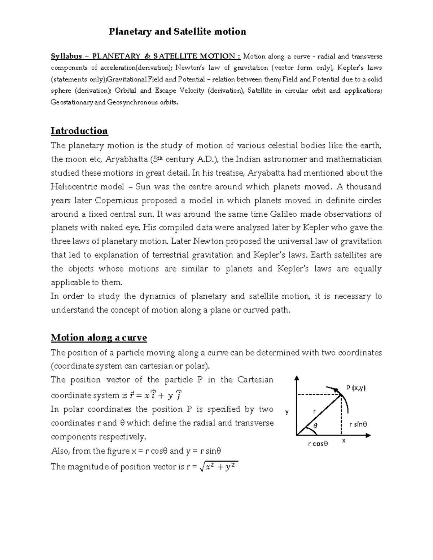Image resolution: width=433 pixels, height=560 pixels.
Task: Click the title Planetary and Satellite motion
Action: pos(178,32)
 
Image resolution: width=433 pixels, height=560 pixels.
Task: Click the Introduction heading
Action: pos(79,131)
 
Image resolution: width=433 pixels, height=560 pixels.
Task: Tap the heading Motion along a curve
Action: pos(99,338)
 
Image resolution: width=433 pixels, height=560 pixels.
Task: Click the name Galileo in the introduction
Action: pos(284,214)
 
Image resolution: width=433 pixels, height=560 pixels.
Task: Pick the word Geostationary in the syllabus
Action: pos(72,102)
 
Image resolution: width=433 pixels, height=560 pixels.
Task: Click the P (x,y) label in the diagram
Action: pos(356,388)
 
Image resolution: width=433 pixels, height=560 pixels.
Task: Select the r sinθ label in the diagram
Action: pos(358,424)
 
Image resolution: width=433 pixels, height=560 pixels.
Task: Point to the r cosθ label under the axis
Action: pos(318,444)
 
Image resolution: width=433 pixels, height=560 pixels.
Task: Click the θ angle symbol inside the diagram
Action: pos(315,426)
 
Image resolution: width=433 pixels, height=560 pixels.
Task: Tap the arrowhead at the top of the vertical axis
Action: pos(297,378)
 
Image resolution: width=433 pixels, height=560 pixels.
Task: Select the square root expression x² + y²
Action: pos(219,467)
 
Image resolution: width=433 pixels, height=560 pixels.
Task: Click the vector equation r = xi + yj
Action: pos(155,395)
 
